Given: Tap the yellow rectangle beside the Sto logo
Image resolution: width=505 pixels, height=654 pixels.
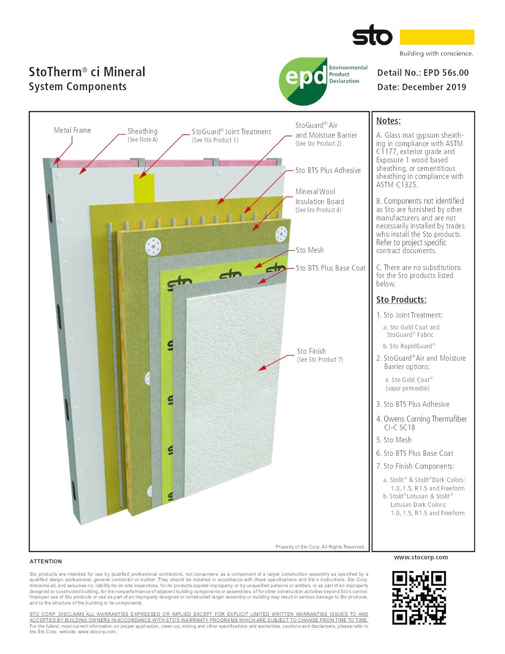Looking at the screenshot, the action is [437, 37].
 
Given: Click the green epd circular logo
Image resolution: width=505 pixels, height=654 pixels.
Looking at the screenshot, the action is [303, 81].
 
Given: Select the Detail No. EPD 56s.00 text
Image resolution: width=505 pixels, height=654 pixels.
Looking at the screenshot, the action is [423, 73].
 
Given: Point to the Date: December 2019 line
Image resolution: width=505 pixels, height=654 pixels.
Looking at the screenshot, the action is [422, 87].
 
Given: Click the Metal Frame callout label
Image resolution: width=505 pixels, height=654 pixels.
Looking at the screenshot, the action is [72, 130].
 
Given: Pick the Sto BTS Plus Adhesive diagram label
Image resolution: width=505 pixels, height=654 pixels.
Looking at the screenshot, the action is [328, 170].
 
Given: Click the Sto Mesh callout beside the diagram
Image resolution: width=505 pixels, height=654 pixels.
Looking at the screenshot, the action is [310, 250].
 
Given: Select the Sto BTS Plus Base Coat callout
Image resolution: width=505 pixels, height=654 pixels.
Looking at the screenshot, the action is [331, 268].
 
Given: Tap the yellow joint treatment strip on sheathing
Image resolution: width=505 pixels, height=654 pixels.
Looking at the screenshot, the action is [144, 188].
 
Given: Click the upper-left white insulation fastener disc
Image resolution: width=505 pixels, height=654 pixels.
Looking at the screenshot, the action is [153, 247].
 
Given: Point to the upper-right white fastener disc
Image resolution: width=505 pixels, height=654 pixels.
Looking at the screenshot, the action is [281, 234].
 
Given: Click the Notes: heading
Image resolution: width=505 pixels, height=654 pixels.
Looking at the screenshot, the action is [388, 121].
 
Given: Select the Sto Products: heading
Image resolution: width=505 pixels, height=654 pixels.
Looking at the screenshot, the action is [401, 300].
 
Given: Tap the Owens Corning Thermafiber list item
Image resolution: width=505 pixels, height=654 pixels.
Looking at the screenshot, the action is [422, 423].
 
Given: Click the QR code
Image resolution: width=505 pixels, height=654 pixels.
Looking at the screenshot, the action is [419, 598].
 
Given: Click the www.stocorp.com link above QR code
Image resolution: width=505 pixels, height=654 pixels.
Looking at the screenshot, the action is [421, 557].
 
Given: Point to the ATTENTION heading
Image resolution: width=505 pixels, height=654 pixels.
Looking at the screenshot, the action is [46, 562].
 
